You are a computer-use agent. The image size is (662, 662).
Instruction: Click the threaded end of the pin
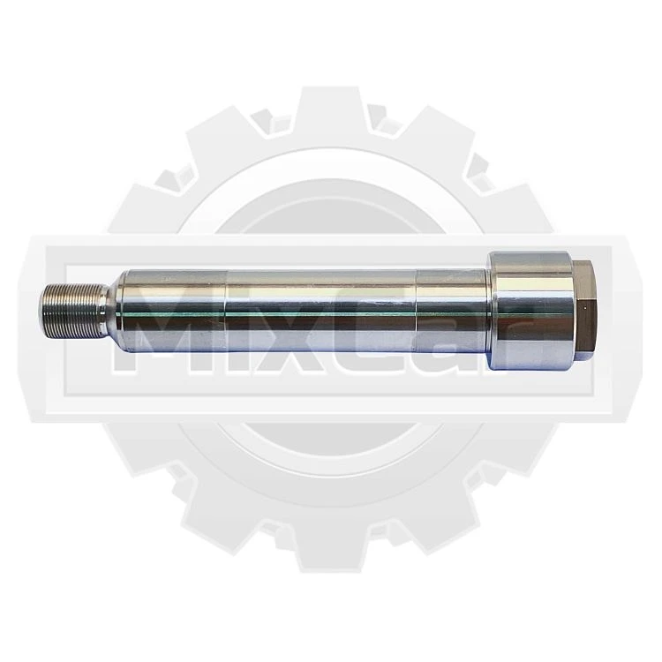tap(71, 312)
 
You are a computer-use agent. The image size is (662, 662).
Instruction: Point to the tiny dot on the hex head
tap(585, 309)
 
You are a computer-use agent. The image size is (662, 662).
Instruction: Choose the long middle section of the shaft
tap(321, 312)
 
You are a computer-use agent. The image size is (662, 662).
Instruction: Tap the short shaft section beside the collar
tap(453, 312)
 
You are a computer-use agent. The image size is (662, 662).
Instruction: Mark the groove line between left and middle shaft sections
tap(226, 312)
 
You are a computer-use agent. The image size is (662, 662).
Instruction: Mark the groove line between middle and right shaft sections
tap(417, 312)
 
